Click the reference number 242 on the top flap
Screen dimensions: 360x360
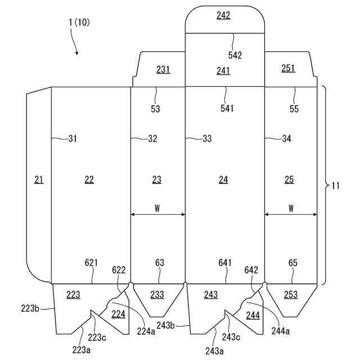223,16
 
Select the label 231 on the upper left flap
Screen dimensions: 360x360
163,70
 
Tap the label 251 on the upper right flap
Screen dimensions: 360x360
288,68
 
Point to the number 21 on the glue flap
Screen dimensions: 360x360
38,179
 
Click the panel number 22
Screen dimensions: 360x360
89,179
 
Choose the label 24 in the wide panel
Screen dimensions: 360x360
223,179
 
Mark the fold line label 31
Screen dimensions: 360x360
72,138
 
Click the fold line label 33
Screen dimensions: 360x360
207,138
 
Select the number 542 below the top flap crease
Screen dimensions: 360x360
235,55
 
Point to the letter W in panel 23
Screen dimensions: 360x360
157,208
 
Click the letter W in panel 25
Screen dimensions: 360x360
291,208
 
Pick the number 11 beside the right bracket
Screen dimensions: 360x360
335,184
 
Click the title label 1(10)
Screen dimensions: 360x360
79,22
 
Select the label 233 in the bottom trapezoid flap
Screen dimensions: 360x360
157,295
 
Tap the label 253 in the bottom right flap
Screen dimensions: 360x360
291,295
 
